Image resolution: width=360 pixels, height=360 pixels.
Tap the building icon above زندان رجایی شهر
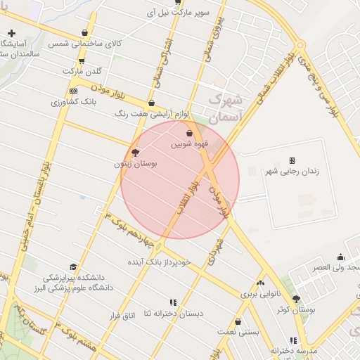(x=292, y=160)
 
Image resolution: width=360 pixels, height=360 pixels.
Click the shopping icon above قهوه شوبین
(x=188, y=133)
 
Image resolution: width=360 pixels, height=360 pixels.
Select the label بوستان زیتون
(x=136, y=163)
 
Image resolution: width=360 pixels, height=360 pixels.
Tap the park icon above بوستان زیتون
(x=135, y=152)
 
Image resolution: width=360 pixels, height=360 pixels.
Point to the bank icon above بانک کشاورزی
(x=73, y=91)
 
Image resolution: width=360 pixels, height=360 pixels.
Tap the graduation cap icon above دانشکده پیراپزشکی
(x=73, y=266)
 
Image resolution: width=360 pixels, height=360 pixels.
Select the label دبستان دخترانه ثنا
(x=172, y=313)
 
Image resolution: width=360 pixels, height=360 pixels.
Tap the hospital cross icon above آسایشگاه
(x=12, y=33)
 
